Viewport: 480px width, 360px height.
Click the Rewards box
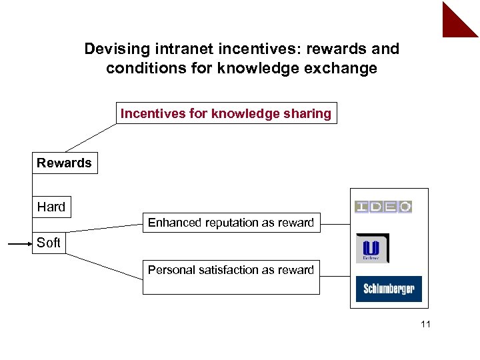65,163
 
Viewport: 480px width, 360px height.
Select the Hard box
51,207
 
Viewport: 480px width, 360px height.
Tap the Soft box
49,243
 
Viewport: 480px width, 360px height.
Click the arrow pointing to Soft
20,245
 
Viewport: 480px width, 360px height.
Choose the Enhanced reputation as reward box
231,223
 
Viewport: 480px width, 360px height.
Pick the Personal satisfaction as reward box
231,277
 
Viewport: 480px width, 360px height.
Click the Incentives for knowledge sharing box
225,113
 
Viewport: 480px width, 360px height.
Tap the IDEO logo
383,207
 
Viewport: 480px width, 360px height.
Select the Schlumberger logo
389,289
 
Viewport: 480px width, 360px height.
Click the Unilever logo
372,248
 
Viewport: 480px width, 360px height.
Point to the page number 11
427,325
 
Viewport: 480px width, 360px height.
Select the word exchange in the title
344,68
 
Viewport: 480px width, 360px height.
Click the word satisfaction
227,270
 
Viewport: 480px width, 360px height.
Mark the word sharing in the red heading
309,113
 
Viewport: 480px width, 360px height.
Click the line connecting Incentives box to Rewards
90,138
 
